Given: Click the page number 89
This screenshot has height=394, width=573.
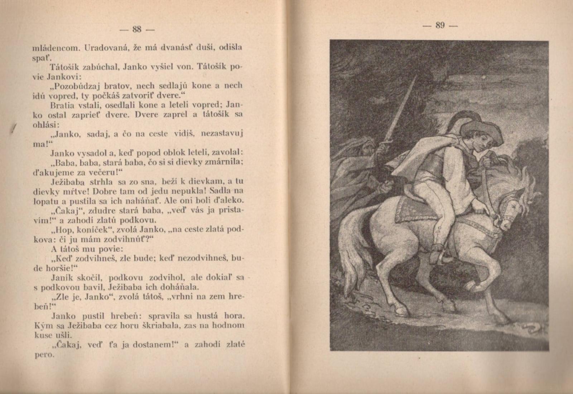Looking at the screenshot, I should click(x=440, y=25).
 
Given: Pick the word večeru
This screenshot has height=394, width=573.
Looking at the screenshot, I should click(x=101, y=172).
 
